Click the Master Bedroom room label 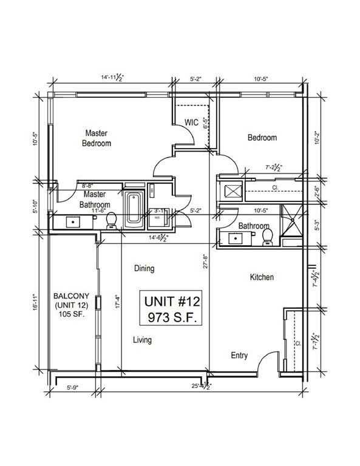[x=98, y=138]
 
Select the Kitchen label [x=262, y=277]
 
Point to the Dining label [x=143, y=268]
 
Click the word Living [x=142, y=340]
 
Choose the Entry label [x=239, y=356]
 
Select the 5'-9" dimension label [x=72, y=385]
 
